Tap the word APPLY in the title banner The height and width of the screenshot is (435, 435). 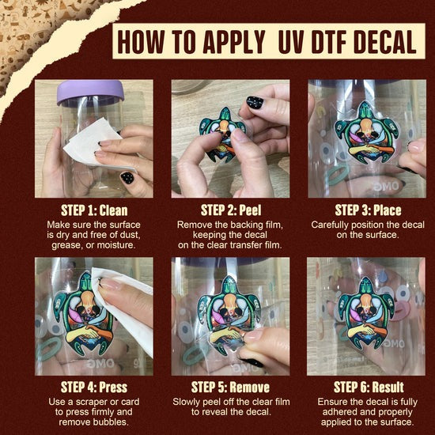[x=234, y=41]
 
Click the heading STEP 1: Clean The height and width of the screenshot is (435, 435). [x=94, y=210]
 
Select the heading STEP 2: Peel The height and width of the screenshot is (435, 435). [x=231, y=210]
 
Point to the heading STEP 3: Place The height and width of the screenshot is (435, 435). [x=368, y=210]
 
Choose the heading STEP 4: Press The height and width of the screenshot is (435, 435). [x=94, y=388]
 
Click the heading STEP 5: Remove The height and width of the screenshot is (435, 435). [x=230, y=388]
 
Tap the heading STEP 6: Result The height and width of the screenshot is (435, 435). [x=369, y=388]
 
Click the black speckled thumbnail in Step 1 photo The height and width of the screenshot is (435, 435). [x=127, y=177]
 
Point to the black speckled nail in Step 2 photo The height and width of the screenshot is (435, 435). [x=255, y=102]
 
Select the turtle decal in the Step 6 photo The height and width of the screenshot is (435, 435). [x=366, y=313]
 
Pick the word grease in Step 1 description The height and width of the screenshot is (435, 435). [x=64, y=245]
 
